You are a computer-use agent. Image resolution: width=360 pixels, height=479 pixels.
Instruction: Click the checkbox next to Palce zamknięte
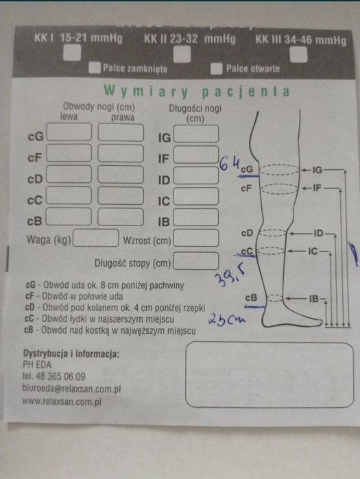click(95, 69)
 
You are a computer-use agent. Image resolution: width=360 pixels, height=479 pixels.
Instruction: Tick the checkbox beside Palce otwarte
click(217, 69)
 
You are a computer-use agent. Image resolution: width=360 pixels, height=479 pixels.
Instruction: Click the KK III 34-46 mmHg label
click(300, 40)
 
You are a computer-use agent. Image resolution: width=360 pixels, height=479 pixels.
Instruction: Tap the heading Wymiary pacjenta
click(195, 91)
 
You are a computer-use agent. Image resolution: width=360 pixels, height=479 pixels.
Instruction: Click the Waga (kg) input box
click(95, 238)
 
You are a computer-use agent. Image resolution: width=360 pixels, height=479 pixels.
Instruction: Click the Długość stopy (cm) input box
click(196, 261)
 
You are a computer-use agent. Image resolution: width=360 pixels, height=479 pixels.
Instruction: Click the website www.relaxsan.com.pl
click(62, 402)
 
